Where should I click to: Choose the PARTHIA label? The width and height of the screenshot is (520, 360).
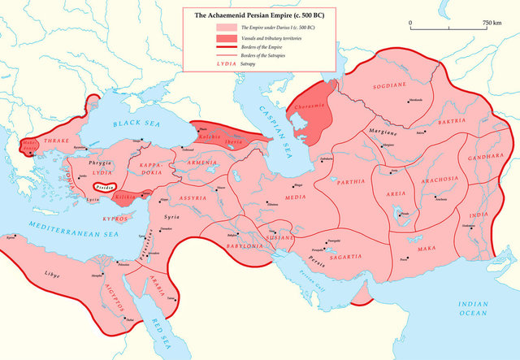(350, 182)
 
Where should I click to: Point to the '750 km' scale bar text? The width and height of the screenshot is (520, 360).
(492, 22)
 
